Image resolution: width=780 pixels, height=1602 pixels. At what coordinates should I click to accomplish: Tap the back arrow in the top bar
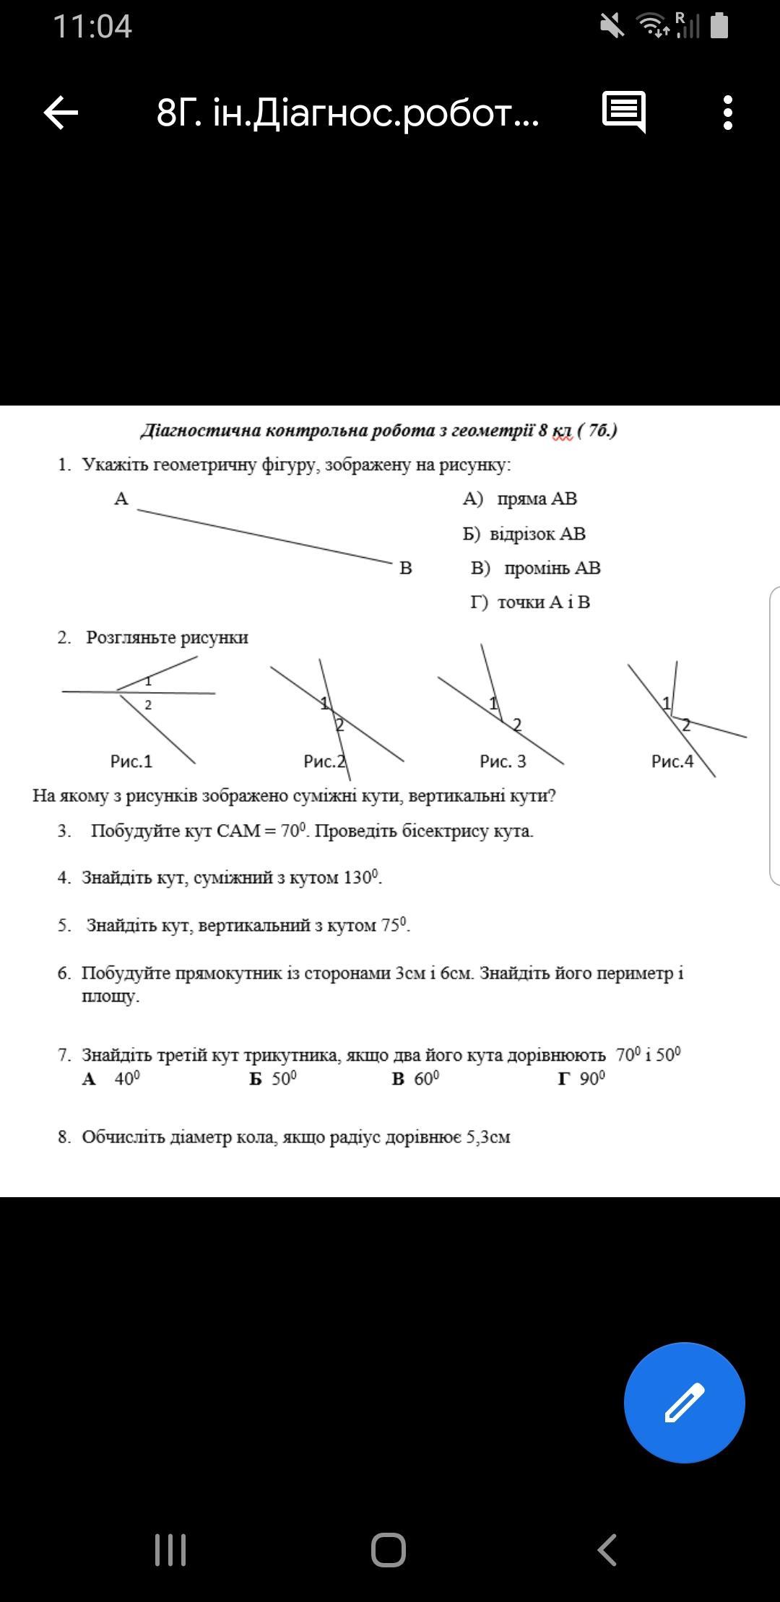[x=61, y=113]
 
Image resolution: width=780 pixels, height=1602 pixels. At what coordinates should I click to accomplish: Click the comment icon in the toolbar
[x=623, y=113]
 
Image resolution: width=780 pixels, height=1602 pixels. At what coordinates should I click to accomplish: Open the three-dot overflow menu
[x=727, y=113]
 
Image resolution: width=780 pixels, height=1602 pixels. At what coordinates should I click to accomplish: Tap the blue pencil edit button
[x=684, y=1403]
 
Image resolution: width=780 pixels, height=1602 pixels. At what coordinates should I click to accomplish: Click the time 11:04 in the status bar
[x=92, y=27]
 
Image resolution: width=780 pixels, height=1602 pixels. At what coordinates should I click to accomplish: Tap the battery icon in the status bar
[x=719, y=26]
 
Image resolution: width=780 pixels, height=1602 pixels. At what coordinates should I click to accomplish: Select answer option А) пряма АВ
[x=520, y=499]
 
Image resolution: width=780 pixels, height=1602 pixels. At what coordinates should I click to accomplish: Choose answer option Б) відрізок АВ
[x=524, y=534]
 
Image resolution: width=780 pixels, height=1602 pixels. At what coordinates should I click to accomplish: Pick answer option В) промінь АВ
[x=535, y=568]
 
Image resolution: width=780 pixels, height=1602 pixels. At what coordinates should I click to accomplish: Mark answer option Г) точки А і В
[x=530, y=602]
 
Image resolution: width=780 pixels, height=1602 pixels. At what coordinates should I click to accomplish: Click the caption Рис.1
[x=131, y=761]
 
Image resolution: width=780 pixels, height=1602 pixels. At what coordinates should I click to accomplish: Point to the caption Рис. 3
[x=503, y=761]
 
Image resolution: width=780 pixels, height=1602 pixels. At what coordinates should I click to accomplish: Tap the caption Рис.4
[x=672, y=761]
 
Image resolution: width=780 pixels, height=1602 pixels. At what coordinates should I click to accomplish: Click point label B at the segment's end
[x=406, y=568]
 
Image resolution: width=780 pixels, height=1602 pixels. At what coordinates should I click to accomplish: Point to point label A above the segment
[x=121, y=499]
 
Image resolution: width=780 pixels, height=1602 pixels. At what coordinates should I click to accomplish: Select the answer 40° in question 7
[x=126, y=1079]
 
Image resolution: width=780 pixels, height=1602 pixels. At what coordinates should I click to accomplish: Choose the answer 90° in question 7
[x=591, y=1079]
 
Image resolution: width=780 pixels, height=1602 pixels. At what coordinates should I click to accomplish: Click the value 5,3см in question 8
[x=488, y=1137]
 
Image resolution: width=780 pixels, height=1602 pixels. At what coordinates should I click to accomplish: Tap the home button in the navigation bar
[x=389, y=1549]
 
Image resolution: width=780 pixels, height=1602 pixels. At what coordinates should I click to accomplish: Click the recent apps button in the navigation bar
[x=170, y=1549]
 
